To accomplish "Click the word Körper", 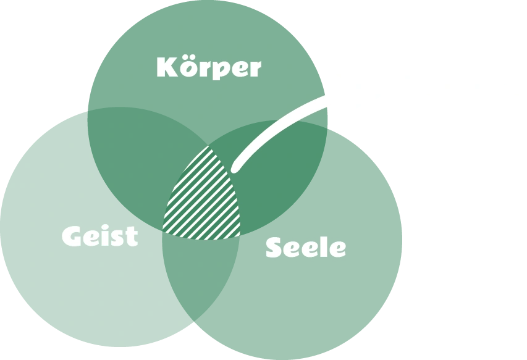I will [x=209, y=67].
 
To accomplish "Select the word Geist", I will [x=99, y=236].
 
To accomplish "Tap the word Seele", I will [x=305, y=247].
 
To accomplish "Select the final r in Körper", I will [x=254, y=69].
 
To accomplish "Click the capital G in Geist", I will [x=73, y=236].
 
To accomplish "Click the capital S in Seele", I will [x=275, y=247].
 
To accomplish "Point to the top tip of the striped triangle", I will [x=209, y=147].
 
